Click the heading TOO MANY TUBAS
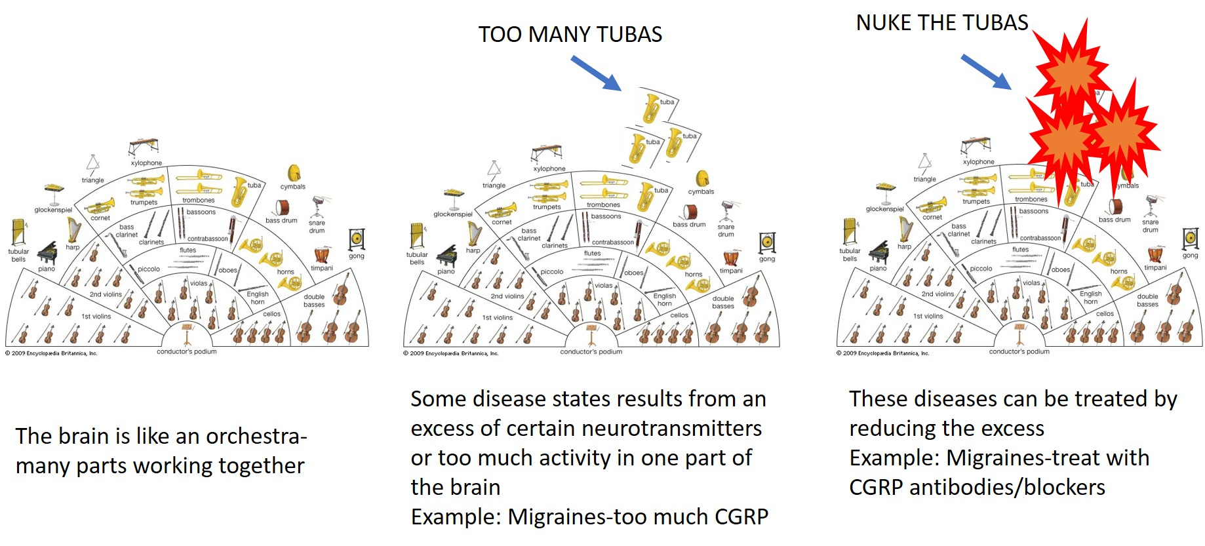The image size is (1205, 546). (x=570, y=35)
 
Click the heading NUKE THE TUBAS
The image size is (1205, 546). (x=941, y=23)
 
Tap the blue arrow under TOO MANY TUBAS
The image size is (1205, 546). (x=595, y=73)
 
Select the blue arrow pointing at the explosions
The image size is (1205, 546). (x=985, y=71)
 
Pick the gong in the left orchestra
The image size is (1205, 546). (x=357, y=239)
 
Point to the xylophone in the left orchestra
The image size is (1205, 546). (x=144, y=147)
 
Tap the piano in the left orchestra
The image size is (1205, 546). (x=47, y=254)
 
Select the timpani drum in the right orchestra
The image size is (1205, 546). (x=1155, y=254)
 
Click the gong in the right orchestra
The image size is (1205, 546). (x=1190, y=239)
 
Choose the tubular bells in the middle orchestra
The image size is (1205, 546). (x=417, y=236)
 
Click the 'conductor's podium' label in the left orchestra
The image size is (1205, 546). (x=187, y=352)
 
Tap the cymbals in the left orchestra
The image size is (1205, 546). (x=294, y=174)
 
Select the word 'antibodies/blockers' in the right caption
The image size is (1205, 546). (x=1023, y=488)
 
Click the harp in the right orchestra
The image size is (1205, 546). (x=905, y=229)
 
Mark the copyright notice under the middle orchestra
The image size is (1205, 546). (x=451, y=354)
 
